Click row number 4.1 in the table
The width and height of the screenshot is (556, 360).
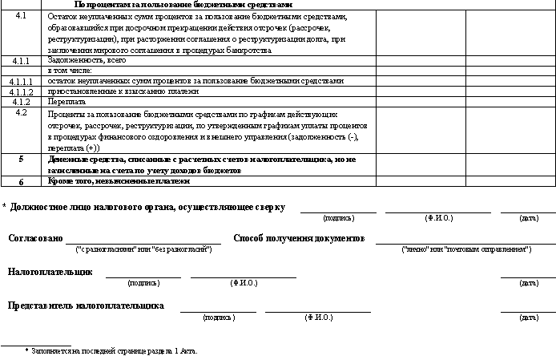click(22, 16)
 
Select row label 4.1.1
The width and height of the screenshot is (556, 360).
click(22, 60)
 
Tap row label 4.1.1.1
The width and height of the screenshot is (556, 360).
click(22, 81)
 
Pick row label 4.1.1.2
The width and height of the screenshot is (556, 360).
click(22, 91)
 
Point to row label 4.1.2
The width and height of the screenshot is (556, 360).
click(22, 102)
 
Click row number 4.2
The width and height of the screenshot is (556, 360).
click(22, 112)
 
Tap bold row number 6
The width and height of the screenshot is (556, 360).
click(22, 182)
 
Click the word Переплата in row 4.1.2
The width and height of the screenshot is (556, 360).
click(65, 102)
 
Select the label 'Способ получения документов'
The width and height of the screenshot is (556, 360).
click(299, 239)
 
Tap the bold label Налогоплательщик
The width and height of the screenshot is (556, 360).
click(50, 272)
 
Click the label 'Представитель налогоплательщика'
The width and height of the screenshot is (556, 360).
click(86, 305)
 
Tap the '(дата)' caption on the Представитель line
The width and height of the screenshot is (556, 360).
click(529, 318)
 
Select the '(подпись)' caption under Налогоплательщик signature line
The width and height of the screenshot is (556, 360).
click(143, 283)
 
